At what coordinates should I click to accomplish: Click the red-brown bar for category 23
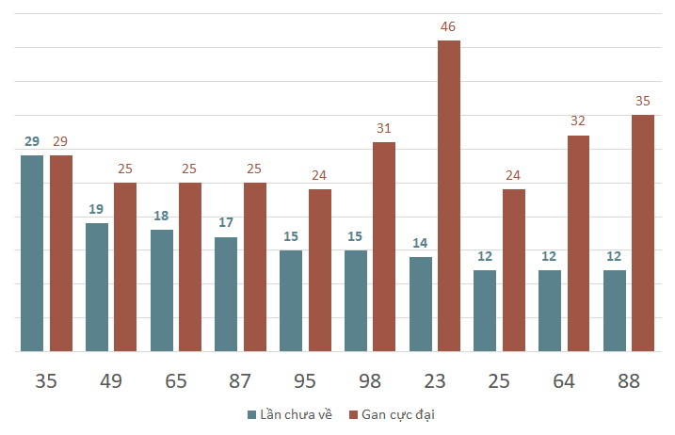click(x=449, y=196)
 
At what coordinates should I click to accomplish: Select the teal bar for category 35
click(x=32, y=253)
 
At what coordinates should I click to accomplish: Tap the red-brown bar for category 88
click(x=643, y=234)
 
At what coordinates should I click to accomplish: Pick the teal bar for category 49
click(x=97, y=287)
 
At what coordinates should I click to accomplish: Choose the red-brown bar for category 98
click(x=384, y=247)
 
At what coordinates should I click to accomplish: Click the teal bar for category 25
click(x=485, y=311)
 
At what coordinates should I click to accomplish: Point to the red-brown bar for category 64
click(x=578, y=244)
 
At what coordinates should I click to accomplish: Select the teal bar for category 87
click(x=226, y=294)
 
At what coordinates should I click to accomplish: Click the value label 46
click(x=449, y=26)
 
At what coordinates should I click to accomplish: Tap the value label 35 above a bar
click(x=643, y=101)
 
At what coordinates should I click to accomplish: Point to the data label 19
click(x=97, y=210)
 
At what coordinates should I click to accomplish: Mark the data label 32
click(x=578, y=121)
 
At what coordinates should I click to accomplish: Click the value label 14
click(x=420, y=243)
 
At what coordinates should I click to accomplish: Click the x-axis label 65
click(x=175, y=381)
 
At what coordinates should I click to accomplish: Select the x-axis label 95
click(x=305, y=381)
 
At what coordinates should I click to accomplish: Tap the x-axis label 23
click(x=434, y=381)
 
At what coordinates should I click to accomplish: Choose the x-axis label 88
click(x=628, y=381)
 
